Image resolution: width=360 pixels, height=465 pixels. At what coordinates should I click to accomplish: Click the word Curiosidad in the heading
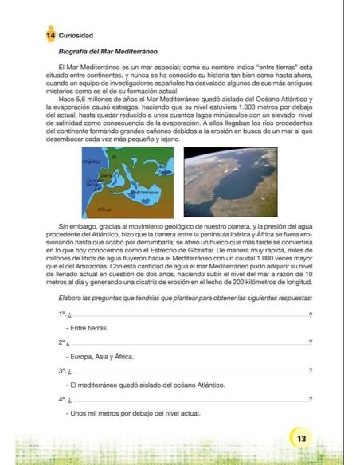point(76,36)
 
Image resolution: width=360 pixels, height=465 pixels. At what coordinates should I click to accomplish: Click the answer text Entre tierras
point(89,328)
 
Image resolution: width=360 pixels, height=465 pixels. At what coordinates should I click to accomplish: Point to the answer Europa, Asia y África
point(100,357)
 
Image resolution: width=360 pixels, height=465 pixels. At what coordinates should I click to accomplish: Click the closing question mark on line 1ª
point(309,315)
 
